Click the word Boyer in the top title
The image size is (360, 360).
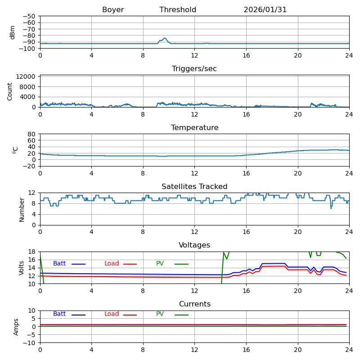[113, 10]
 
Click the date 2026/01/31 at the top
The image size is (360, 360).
[265, 10]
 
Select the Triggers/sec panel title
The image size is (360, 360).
[194, 69]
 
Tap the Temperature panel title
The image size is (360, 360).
[194, 128]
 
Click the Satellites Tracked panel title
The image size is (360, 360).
[194, 187]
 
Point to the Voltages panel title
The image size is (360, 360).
[194, 245]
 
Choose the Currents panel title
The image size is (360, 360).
[194, 304]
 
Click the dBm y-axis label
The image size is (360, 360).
[13, 32]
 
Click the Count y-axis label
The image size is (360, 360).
[10, 91]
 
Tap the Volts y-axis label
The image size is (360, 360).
[22, 268]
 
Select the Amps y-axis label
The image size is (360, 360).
[16, 327]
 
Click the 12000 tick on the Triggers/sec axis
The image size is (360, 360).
[26, 77]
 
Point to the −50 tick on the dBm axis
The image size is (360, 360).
[28, 16]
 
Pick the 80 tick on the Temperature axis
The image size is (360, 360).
[32, 134]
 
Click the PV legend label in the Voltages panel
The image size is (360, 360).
[160, 264]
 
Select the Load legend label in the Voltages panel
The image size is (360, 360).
[112, 264]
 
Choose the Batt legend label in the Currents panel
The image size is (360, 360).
[59, 314]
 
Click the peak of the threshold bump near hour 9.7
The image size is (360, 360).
[165, 38]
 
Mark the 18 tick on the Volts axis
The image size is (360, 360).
[32, 252]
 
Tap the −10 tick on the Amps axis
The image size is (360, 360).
[28, 343]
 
